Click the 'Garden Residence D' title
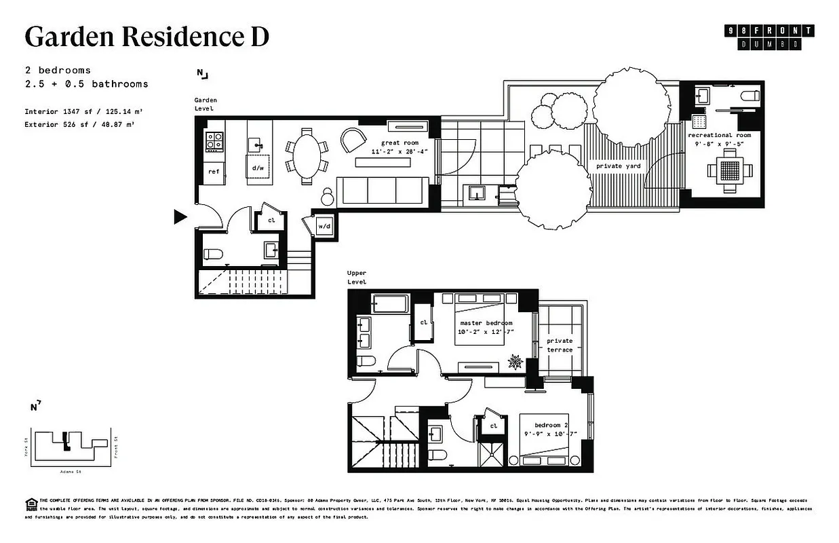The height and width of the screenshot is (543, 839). click(x=147, y=37)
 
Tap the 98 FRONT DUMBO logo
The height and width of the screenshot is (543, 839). click(x=769, y=37)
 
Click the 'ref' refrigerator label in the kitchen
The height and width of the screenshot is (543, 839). click(x=214, y=172)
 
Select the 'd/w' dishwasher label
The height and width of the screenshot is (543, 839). click(x=258, y=168)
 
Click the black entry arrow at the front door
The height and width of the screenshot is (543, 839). click(x=180, y=217)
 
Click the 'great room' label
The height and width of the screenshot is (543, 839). click(x=399, y=143)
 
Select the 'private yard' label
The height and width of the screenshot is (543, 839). click(x=618, y=166)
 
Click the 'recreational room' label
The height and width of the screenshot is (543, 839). click(x=719, y=135)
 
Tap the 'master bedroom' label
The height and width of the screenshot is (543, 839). click(x=486, y=322)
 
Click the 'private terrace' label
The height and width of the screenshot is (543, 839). click(x=560, y=345)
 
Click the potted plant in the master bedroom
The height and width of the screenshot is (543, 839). click(x=517, y=362)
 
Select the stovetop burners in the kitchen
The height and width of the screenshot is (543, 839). click(x=214, y=141)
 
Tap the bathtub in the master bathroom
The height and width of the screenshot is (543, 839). click(x=390, y=303)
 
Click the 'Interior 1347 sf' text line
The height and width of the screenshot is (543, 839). click(x=83, y=111)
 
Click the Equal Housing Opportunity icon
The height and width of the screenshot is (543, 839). click(x=31, y=504)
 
